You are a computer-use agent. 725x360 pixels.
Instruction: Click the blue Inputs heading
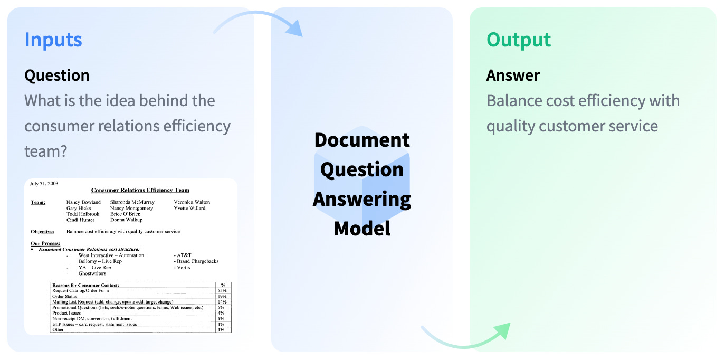coord(53,40)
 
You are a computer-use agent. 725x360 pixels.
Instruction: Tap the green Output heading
coord(519,40)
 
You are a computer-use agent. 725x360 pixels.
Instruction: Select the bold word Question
coord(57,75)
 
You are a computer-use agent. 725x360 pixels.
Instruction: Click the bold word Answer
coord(513,75)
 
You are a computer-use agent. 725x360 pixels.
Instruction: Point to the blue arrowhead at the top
coord(295,29)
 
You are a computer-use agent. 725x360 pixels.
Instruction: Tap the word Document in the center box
coord(362,140)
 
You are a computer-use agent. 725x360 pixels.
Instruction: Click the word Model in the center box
coord(362,228)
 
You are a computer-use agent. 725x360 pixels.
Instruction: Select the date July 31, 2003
coord(44,184)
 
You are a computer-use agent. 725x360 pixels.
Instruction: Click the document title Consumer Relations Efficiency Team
coord(140,190)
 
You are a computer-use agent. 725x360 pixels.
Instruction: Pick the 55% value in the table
coord(223,291)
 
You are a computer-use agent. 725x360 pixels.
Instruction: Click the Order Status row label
coord(65,297)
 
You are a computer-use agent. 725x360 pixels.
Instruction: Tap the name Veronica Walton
coord(192,202)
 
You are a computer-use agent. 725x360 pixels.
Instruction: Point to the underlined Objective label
coord(42,231)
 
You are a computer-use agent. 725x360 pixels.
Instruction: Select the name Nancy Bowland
coord(83,202)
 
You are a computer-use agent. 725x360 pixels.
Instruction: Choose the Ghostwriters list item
coord(92,273)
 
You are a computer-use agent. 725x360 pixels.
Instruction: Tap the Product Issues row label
coord(66,313)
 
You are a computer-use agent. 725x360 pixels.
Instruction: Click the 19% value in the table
coord(223,297)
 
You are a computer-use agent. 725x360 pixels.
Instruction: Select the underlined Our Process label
coord(45,243)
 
